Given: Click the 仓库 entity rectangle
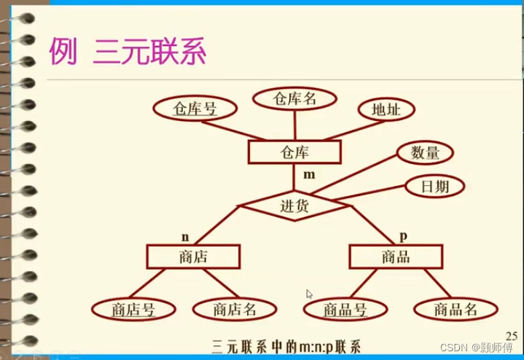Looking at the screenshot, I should [x=294, y=152].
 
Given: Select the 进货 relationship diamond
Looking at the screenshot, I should [x=294, y=205].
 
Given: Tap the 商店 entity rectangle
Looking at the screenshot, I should [x=193, y=256].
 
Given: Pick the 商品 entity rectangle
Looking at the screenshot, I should [x=396, y=256].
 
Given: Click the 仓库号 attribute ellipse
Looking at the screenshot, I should [x=195, y=109].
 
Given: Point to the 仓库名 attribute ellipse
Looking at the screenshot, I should [x=294, y=98].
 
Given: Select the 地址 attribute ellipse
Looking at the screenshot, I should [x=386, y=109].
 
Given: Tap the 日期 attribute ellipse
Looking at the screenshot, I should [x=435, y=185].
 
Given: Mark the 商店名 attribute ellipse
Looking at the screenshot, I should [x=235, y=309].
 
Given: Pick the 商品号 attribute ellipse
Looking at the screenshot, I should [x=345, y=309].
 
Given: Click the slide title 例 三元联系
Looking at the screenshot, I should [x=128, y=52].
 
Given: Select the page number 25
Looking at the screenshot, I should [x=511, y=335].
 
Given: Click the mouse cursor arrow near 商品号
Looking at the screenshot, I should [x=309, y=294].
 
